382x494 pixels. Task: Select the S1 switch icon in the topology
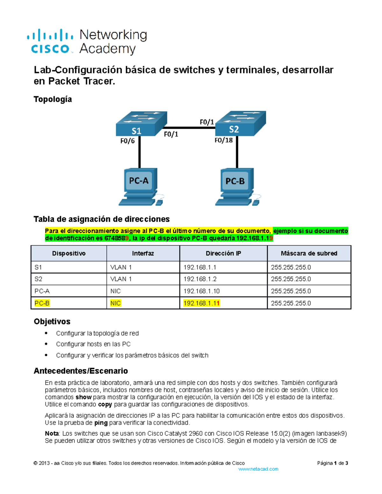point(141,124)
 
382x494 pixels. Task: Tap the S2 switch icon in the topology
point(240,123)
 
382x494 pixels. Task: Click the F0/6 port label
point(127,141)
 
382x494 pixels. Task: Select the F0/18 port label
point(223,140)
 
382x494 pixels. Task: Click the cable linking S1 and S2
point(191,128)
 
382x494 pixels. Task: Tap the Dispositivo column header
point(69,254)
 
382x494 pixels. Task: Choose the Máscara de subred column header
point(309,254)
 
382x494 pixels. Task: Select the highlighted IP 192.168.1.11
point(202,303)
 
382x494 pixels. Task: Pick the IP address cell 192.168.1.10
point(202,291)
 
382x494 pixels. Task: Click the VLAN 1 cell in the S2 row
point(121,279)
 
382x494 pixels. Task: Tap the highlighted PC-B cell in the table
point(42,303)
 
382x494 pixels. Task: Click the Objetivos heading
point(52,322)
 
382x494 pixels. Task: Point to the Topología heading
point(53,99)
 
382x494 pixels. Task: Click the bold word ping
point(101,423)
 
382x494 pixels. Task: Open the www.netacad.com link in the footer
point(258,469)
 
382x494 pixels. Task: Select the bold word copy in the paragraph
point(105,404)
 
